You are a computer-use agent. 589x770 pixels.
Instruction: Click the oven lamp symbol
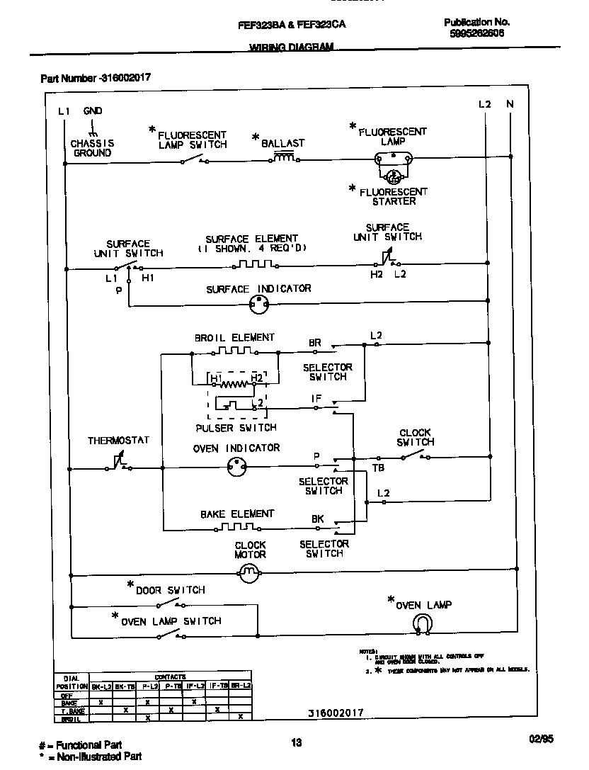(x=422, y=623)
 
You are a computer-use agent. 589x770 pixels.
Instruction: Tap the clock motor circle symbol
(x=248, y=574)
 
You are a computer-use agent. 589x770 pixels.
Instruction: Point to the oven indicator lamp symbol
(x=236, y=467)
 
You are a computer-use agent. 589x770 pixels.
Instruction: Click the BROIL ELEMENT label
(x=234, y=338)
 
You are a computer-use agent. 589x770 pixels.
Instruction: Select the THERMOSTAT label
(x=118, y=441)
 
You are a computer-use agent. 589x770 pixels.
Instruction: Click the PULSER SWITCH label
(x=236, y=428)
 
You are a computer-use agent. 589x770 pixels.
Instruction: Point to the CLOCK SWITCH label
(x=415, y=437)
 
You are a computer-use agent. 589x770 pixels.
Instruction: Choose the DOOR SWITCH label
(x=170, y=590)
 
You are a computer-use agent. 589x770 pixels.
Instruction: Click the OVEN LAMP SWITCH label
(x=171, y=621)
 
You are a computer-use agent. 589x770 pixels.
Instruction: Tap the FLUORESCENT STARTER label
(x=394, y=196)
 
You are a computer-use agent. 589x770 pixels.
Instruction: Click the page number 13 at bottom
(x=296, y=742)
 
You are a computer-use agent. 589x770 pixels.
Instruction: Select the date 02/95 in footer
(x=541, y=738)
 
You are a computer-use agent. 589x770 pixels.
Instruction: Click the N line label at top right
(x=510, y=105)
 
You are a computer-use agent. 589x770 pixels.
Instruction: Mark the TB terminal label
(x=378, y=468)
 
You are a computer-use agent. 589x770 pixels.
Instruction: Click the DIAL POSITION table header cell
(x=72, y=681)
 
